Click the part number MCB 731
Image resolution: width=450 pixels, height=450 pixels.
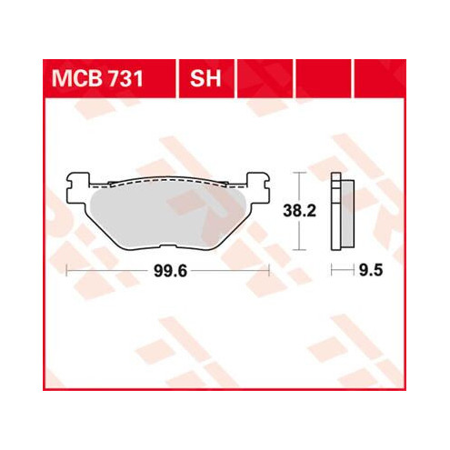97,79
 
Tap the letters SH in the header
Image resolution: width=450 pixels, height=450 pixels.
205,79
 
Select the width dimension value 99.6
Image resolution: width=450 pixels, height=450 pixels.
171,271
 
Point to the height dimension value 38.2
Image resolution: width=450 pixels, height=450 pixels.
299,211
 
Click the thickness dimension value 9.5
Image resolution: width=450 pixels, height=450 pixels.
371,270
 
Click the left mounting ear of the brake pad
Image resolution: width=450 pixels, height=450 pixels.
78,188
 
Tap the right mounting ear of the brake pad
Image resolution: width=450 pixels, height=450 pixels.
257,188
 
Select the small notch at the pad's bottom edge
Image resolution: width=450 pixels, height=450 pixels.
168,246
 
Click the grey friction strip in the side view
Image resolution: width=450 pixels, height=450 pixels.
348,214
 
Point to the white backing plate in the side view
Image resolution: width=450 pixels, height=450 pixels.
335,211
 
